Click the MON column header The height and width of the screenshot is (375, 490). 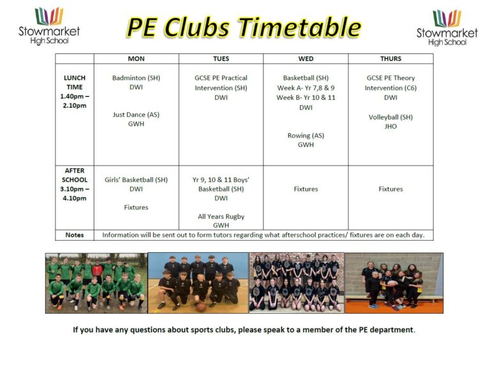pyautogui.click(x=136, y=59)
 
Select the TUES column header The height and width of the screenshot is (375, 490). pyautogui.click(x=221, y=59)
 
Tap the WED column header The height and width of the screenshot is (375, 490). pyautogui.click(x=306, y=59)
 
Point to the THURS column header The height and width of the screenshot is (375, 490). pyautogui.click(x=390, y=59)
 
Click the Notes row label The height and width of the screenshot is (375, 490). pyautogui.click(x=75, y=235)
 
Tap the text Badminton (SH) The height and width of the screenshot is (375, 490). pyautogui.click(x=136, y=78)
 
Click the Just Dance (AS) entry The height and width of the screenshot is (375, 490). pyautogui.click(x=136, y=115)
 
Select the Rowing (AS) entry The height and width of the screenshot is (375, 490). pyautogui.click(x=306, y=136)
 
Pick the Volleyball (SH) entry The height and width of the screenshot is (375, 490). pyautogui.click(x=390, y=117)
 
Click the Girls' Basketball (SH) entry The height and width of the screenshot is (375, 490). pyautogui.click(x=136, y=180)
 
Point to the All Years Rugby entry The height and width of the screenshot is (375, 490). pyautogui.click(x=221, y=216)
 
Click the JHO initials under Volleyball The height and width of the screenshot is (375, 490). pyautogui.click(x=390, y=126)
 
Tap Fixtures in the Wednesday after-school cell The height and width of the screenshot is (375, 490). pyautogui.click(x=306, y=189)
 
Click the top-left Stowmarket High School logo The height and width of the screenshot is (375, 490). pyautogui.click(x=49, y=26)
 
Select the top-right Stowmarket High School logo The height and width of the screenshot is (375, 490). pyautogui.click(x=447, y=27)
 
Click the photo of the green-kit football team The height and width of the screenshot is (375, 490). pyautogui.click(x=96, y=283)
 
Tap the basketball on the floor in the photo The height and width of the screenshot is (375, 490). pyautogui.click(x=201, y=307)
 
